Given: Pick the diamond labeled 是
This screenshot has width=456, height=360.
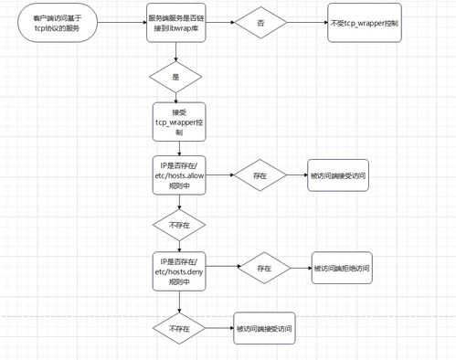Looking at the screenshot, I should point(176,77).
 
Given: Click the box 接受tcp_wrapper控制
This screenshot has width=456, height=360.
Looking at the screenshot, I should point(176,120).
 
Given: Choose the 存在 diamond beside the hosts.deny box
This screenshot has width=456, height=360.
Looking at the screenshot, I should point(265,270).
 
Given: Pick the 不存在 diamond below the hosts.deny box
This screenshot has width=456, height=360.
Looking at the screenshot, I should point(177,327).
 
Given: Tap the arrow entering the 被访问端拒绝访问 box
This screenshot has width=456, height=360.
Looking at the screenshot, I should point(302,270).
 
